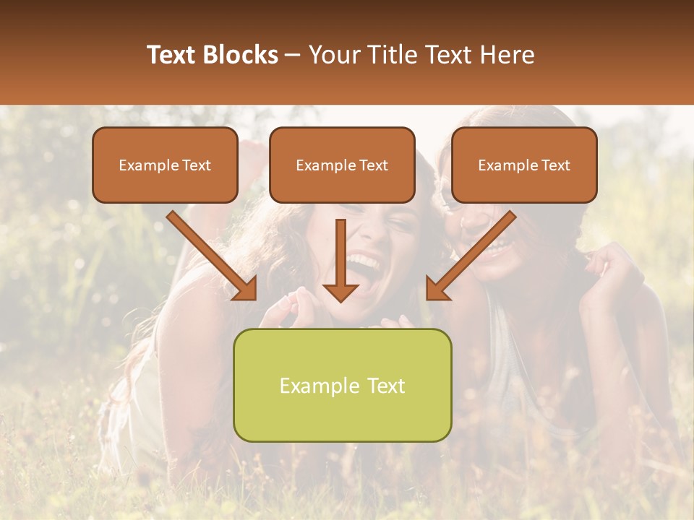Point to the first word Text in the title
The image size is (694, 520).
(x=174, y=55)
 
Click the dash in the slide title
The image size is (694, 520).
(x=294, y=55)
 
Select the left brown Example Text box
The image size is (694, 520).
(x=165, y=165)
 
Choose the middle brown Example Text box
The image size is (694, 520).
(x=342, y=165)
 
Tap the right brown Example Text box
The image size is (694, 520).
(x=524, y=165)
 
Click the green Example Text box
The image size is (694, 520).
(x=342, y=385)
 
